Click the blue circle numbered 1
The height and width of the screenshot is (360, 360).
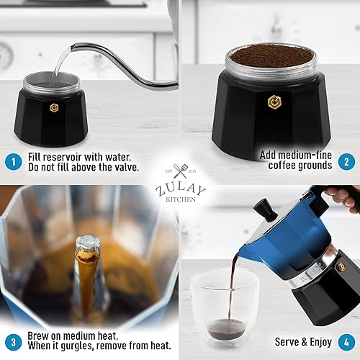click(x=14, y=161)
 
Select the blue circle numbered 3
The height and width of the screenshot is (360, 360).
click(x=14, y=341)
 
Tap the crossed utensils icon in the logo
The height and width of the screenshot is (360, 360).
click(x=180, y=173)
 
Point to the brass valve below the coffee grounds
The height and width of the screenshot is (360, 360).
click(x=273, y=102)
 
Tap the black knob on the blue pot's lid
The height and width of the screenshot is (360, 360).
click(x=264, y=209)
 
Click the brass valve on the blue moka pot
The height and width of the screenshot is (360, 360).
click(x=341, y=267)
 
